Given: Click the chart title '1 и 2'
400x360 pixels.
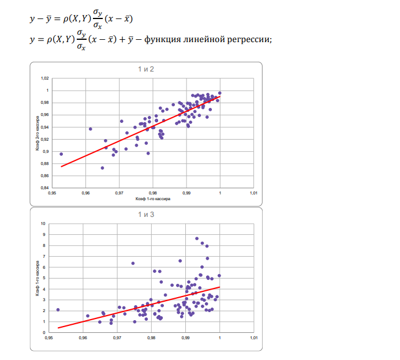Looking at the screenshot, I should [145, 69].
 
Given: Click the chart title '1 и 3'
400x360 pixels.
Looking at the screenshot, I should [145, 215].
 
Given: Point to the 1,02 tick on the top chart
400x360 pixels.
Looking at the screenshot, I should [44, 78].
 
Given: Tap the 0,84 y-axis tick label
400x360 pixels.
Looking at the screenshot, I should [44, 188].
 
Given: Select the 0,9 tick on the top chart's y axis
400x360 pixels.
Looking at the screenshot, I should [46, 152].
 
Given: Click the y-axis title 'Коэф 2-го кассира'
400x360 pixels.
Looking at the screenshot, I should [36, 133].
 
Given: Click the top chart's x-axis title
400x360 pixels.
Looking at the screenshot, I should [153, 199].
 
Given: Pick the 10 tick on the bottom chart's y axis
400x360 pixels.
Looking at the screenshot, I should [43, 223].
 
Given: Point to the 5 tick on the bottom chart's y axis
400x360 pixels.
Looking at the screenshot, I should [44, 278].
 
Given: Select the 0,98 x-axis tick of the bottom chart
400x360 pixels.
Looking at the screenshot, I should [151, 338].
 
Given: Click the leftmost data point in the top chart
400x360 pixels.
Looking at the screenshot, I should [61, 154].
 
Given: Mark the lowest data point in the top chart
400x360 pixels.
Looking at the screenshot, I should [102, 168].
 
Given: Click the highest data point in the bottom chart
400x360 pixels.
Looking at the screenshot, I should [197, 238].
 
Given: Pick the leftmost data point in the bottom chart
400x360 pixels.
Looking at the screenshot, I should [58, 310].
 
